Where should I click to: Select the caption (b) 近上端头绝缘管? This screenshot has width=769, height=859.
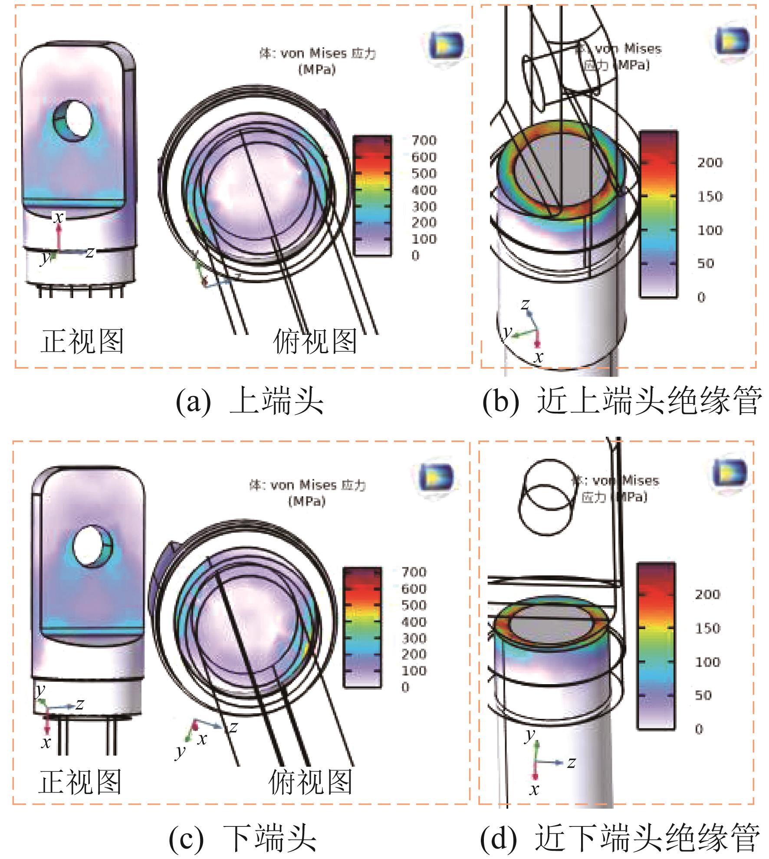pos(621,402)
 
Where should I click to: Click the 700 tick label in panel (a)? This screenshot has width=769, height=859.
pos(424,140)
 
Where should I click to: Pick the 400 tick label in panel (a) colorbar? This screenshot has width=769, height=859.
pos(424,190)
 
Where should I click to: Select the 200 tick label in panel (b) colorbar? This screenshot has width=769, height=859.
pos(710,163)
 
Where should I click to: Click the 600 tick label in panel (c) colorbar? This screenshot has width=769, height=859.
pos(414,588)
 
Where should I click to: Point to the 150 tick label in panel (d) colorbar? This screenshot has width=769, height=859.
pos(707,628)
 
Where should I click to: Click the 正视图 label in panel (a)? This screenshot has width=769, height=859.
pos(82,341)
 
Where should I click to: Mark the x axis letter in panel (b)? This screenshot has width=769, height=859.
pos(539,357)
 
